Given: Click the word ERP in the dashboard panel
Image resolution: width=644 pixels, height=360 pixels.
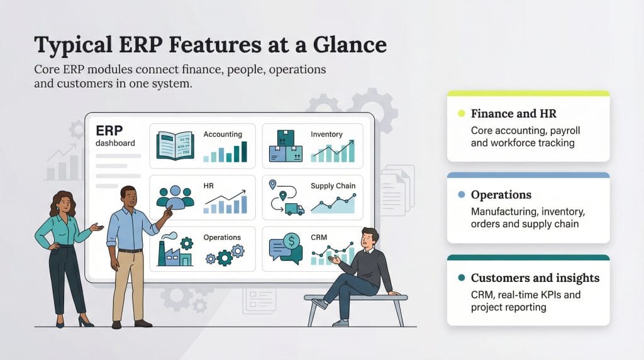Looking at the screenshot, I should pyautogui.click(x=108, y=130).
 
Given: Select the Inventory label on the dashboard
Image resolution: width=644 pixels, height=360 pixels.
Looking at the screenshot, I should pyautogui.click(x=326, y=134).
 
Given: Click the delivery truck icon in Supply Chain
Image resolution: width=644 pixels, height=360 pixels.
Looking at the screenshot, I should pyautogui.click(x=294, y=209).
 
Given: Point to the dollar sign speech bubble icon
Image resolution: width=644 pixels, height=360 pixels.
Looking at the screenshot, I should pyautogui.click(x=291, y=242).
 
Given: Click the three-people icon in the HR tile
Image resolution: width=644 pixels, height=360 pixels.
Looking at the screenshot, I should pyautogui.click(x=175, y=198).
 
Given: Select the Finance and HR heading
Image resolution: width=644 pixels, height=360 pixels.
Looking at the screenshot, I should pyautogui.click(x=513, y=114).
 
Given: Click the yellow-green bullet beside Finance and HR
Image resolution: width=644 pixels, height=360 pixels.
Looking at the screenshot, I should pyautogui.click(x=461, y=114).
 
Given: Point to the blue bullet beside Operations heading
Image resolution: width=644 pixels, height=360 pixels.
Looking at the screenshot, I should pyautogui.click(x=461, y=195).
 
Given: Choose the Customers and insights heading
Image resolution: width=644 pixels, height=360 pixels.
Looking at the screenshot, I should pyautogui.click(x=535, y=278).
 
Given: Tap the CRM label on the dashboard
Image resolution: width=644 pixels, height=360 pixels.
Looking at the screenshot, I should pyautogui.click(x=319, y=238).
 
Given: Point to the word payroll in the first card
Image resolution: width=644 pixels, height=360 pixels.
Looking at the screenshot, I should pyautogui.click(x=560, y=130).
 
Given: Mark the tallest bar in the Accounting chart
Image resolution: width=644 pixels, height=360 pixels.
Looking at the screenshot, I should pyautogui.click(x=244, y=152).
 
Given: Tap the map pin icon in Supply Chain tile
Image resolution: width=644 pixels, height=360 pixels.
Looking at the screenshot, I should pyautogui.click(x=273, y=185).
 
